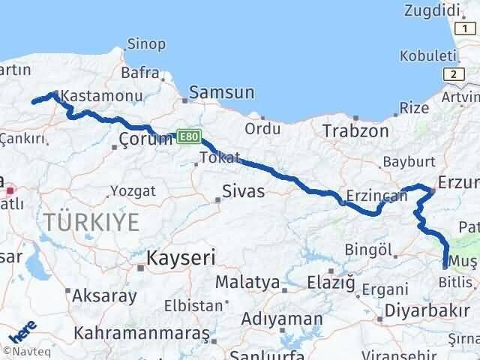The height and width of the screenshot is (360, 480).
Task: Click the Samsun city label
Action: point(221,93)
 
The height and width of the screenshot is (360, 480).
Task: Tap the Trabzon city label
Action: point(355,131)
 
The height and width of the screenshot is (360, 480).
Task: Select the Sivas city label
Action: point(244,191)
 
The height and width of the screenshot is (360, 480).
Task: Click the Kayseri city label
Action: point(181,259)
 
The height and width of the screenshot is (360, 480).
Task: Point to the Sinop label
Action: point(146,44)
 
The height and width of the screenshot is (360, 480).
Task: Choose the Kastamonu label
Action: point(94,96)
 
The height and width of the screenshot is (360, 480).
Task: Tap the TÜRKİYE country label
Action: point(91,223)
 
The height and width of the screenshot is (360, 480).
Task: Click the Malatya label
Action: point(247,283)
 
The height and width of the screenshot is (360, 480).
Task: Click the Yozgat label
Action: point(131,190)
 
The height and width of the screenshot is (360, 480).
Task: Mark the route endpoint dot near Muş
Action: point(445,265)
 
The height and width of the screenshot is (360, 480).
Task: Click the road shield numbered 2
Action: point(452,73)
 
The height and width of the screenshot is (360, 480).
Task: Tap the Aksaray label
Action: point(104,295)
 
